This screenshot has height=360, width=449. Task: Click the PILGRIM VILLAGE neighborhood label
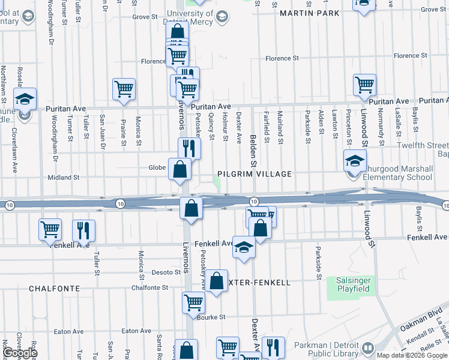[255, 174]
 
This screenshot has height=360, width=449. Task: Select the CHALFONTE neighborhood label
[55, 289]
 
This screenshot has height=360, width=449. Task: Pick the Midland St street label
[63, 178]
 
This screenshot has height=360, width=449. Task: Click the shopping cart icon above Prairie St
[124, 89]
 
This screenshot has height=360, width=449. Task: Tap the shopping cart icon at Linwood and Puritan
[364, 85]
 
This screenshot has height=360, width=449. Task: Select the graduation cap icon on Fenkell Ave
[244, 248]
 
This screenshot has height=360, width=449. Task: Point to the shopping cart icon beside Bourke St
[193, 302]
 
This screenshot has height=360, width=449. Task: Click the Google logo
[20, 353]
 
